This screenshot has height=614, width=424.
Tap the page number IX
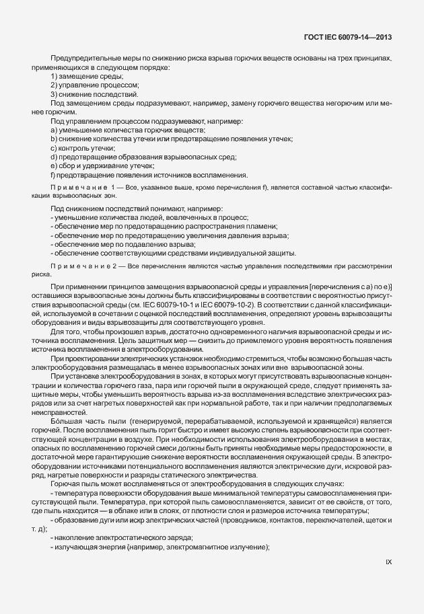click(388, 562)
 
